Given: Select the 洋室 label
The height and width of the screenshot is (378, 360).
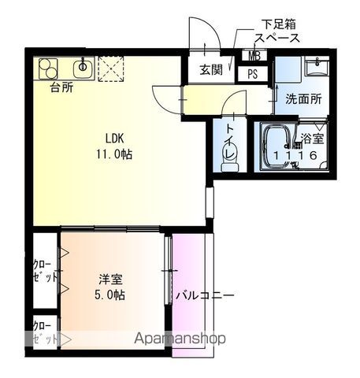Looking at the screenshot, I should (x=110, y=279).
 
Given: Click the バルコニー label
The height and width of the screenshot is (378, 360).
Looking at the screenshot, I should (x=205, y=297).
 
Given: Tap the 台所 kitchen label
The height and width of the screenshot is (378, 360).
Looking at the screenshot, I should (x=61, y=87).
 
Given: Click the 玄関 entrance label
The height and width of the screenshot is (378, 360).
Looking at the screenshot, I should (x=210, y=69).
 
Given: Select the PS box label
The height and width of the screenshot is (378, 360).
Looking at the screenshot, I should (x=253, y=74).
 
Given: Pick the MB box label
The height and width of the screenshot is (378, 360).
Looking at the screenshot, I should (x=256, y=56).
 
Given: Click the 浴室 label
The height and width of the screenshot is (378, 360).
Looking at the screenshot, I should (x=313, y=139).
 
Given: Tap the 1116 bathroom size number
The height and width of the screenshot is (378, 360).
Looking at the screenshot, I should (x=299, y=156).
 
